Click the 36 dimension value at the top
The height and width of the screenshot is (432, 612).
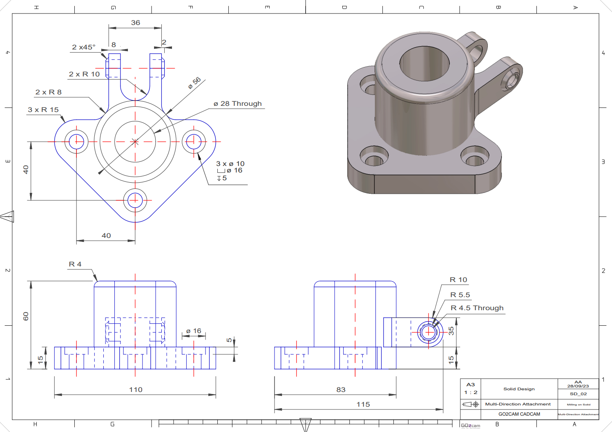[x=136, y=23]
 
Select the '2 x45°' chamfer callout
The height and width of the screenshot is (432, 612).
[x=84, y=47]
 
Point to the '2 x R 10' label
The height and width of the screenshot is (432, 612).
[x=84, y=74]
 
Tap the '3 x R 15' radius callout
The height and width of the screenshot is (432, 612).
[x=43, y=110]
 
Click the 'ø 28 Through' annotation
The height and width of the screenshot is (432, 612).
[x=237, y=104]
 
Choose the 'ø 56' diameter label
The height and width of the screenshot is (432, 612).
[x=194, y=83]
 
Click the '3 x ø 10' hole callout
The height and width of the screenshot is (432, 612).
[x=230, y=164]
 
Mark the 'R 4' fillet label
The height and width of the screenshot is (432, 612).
[x=75, y=264]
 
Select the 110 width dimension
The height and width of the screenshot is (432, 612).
[x=136, y=390]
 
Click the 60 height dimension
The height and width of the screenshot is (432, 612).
[x=26, y=316]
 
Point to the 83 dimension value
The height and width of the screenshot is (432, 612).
[x=341, y=390]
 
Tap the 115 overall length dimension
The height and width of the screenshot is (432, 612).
[x=363, y=405]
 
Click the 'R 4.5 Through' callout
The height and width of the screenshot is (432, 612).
[x=477, y=308]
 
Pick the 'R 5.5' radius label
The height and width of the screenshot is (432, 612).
[x=460, y=295]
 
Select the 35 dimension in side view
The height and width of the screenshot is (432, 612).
[x=451, y=331]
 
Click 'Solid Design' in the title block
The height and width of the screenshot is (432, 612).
[x=519, y=389]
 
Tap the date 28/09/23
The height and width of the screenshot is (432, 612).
[x=578, y=386]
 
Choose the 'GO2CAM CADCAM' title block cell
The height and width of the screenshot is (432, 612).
[x=519, y=414]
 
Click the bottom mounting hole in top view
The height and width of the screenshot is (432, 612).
[x=135, y=200]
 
